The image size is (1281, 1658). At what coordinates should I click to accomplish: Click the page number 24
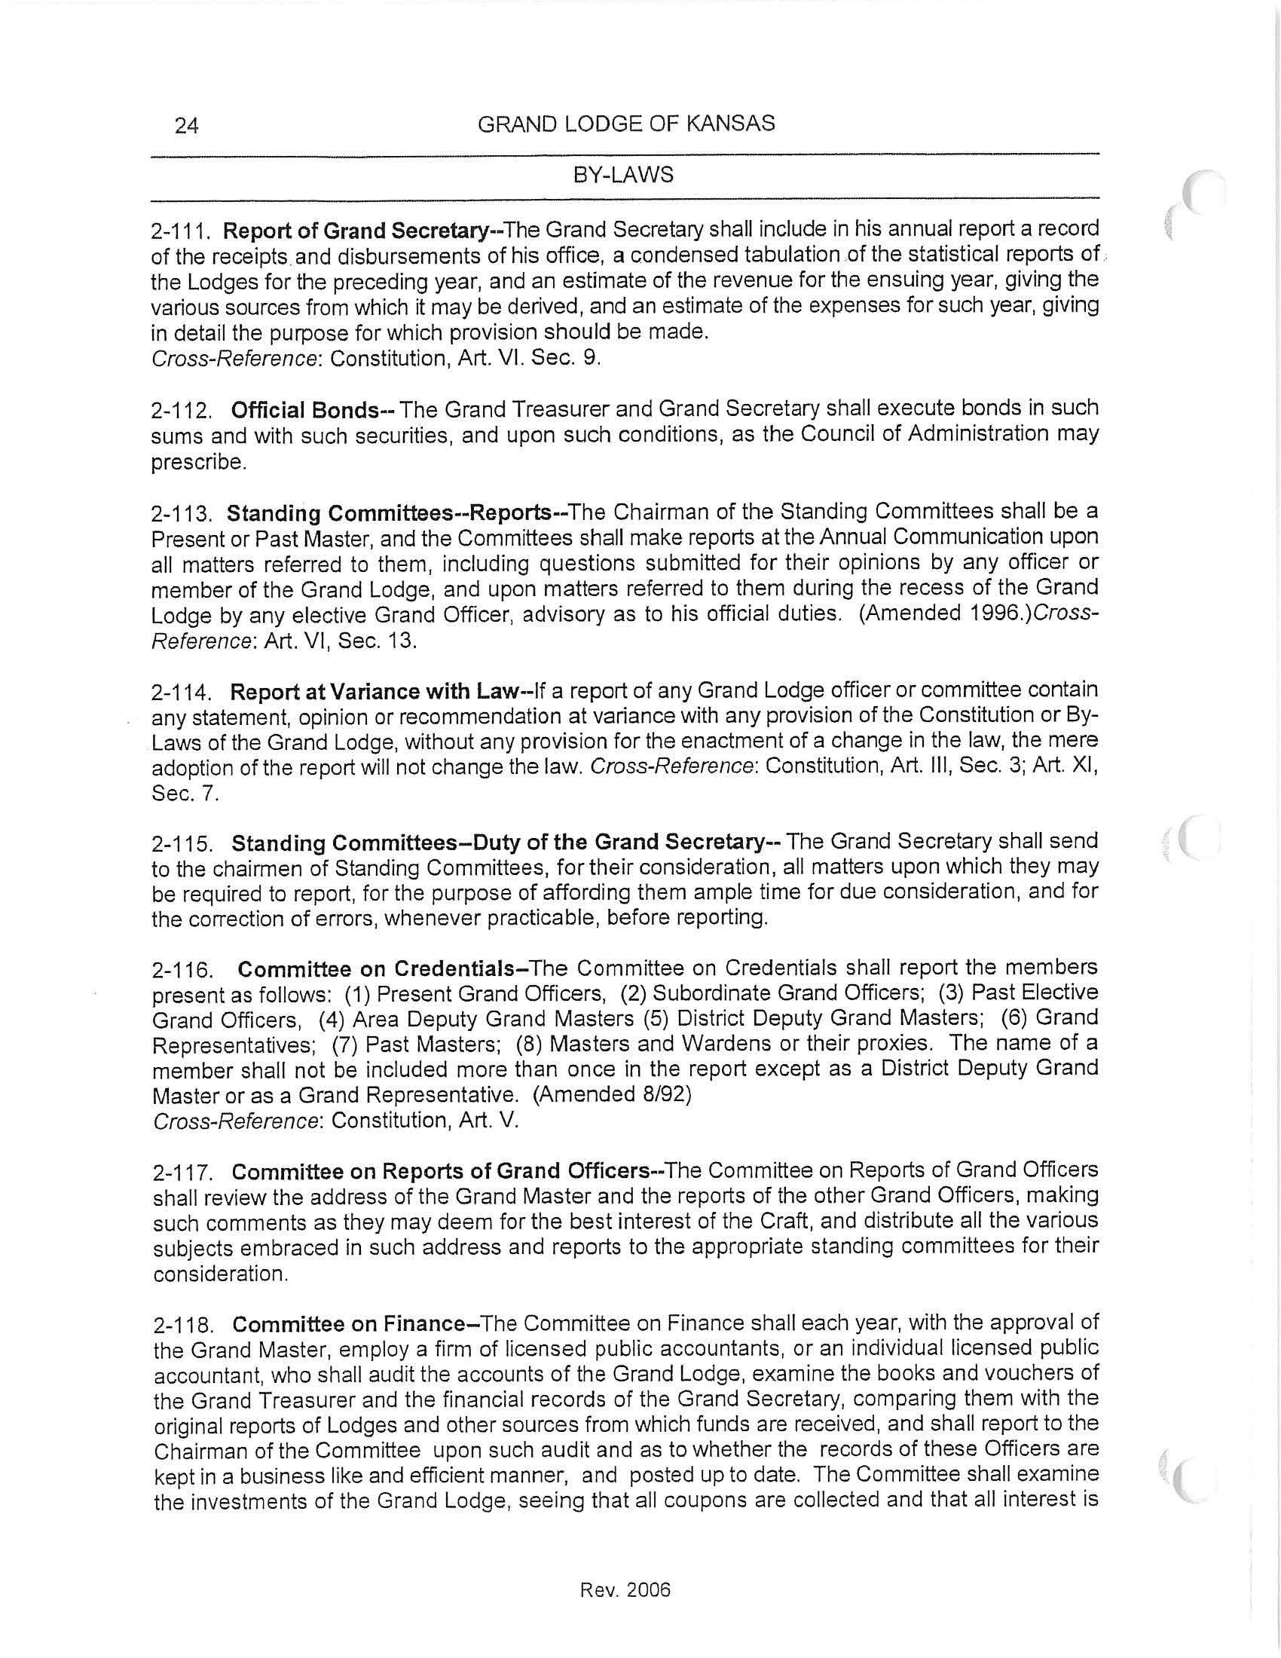[187, 125]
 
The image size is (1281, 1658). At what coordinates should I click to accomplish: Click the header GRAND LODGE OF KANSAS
[626, 124]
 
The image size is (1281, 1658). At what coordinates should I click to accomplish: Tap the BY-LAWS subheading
[623, 176]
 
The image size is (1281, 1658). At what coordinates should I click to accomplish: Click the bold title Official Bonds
[304, 411]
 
